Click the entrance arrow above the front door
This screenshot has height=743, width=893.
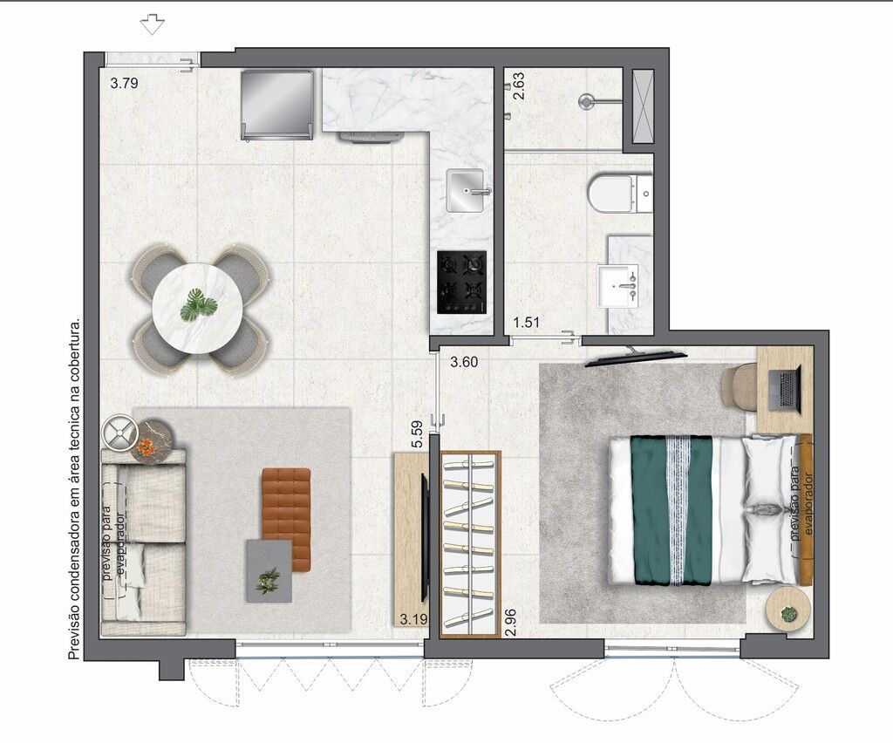pos(152,24)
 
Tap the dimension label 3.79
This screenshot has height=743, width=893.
pos(124,83)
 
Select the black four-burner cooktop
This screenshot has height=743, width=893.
pos(462,283)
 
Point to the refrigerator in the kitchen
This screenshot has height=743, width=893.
pos(276,106)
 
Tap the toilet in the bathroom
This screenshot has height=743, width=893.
pos(620,194)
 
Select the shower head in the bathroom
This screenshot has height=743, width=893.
pos(587,101)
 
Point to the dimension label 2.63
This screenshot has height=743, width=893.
pos(518,86)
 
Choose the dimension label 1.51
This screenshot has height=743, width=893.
pos(526,323)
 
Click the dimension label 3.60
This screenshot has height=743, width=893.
pos(464,362)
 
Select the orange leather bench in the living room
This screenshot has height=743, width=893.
pos(286,519)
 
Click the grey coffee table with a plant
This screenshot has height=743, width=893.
pos(269,570)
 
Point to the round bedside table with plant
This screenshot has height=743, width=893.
pos(788,609)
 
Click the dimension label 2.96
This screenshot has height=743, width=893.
pos(511,623)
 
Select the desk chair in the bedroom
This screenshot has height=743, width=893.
pos(740,387)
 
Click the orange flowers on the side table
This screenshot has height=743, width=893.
pos(147,447)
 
